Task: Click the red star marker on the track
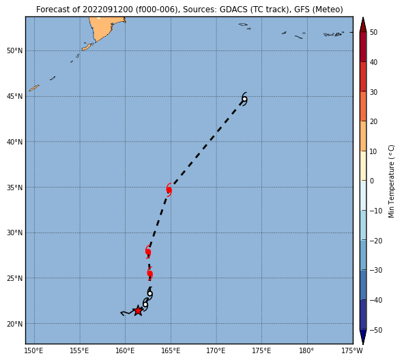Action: [x=138, y=310]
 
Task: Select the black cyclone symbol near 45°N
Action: [x=244, y=99]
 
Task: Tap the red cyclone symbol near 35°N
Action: [x=169, y=190]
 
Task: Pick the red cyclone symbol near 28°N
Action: [x=148, y=252]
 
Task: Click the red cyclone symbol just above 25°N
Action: [x=150, y=273]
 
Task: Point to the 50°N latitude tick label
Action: [x=15, y=50]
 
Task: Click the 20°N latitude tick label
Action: [x=15, y=324]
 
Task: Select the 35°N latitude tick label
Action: [x=15, y=187]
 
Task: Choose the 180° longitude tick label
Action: [x=307, y=350]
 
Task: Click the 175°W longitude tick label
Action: [x=352, y=350]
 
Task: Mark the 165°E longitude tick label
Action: [x=171, y=350]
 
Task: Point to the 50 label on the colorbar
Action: [x=373, y=33]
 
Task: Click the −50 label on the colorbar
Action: [x=376, y=330]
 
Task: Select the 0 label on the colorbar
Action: [x=372, y=181]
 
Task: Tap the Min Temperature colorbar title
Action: [x=391, y=181]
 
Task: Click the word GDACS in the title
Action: [x=233, y=10]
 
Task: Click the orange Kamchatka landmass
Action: [x=103, y=29]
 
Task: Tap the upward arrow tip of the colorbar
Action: [x=363, y=18]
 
